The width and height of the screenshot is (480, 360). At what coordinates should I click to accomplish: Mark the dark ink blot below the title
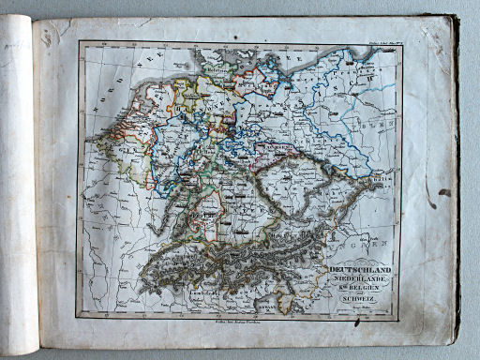357,321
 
